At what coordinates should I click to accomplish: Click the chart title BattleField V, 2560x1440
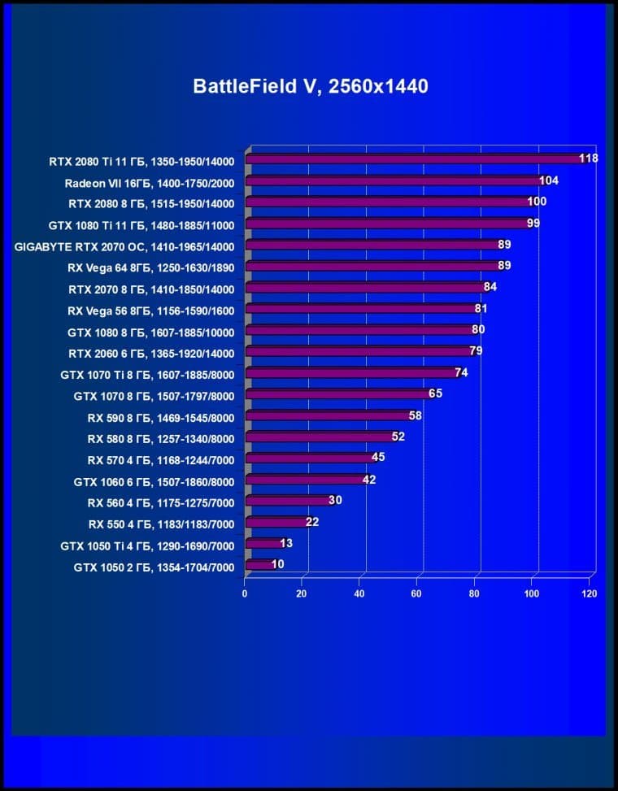point(310,86)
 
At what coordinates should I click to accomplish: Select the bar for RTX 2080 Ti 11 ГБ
point(415,159)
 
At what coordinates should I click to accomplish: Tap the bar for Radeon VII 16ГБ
point(394,181)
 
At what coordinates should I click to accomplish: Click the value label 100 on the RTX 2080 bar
point(537,202)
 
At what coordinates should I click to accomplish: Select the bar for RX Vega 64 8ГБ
point(374,266)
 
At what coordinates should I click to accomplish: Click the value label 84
point(490,287)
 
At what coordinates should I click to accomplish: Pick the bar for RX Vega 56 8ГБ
point(362,309)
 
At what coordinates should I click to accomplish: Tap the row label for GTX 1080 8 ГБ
point(151,332)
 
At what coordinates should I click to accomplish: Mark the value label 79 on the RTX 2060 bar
point(477,351)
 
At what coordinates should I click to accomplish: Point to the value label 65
point(436,393)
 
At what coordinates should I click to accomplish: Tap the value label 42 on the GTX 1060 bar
point(368,480)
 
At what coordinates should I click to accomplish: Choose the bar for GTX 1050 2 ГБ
point(259,565)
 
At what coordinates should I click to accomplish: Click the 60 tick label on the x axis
point(418,593)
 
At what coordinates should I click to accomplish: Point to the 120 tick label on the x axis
point(590,593)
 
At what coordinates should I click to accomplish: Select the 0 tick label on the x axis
point(245,593)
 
